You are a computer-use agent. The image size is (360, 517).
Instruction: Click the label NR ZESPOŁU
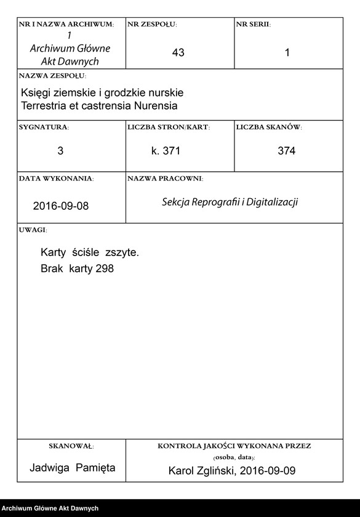point(152,24)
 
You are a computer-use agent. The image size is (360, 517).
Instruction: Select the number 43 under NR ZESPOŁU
point(178,53)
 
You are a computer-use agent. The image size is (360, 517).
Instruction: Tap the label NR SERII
point(253,24)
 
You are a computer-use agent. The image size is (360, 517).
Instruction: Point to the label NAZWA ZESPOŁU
point(53,76)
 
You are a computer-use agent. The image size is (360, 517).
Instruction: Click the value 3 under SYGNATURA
point(60,151)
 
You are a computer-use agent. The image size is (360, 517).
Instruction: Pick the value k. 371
point(166,151)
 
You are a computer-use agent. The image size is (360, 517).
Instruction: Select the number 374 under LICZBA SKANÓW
point(286,151)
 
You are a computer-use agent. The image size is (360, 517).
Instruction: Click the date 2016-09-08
point(61,206)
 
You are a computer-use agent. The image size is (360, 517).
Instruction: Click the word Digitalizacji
point(272,202)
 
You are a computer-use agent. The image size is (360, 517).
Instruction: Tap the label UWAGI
point(33,229)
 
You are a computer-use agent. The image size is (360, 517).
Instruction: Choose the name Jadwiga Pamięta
point(72,468)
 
